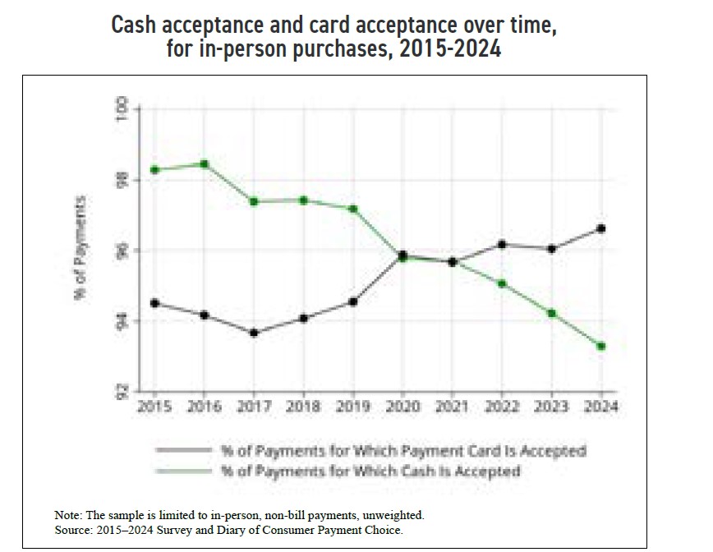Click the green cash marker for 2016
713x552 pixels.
pos(205,164)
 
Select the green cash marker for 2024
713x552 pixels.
pos(602,347)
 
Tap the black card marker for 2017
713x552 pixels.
pos(254,333)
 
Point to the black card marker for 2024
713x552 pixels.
pos(602,228)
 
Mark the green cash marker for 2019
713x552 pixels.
pos(353,209)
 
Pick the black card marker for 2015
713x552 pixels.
pos(154,302)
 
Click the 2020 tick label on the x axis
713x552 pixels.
pos(402,406)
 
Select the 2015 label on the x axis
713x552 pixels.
pos(154,406)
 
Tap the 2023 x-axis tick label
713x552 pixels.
pos(552,406)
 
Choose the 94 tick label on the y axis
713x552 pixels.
pos(123,320)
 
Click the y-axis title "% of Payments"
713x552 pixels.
pos(81,249)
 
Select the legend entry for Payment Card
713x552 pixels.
pos(402,451)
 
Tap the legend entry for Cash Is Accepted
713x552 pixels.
pos(370,471)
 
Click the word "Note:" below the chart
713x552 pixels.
pos(67,514)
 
